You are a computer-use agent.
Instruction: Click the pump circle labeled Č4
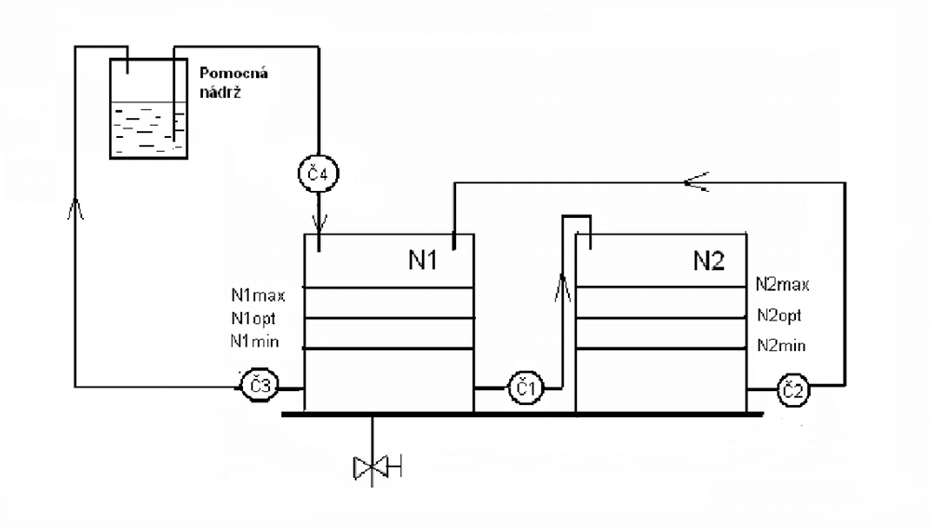click(318, 173)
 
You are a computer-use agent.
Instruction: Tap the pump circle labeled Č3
click(259, 386)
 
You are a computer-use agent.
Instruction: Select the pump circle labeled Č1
click(525, 388)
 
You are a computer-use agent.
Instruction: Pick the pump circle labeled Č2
click(792, 390)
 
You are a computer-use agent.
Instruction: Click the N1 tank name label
click(423, 260)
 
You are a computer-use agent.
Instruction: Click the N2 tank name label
click(708, 261)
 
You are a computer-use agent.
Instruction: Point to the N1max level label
click(258, 295)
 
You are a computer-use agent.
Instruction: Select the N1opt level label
click(253, 318)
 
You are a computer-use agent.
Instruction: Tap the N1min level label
click(255, 342)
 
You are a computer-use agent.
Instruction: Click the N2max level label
click(783, 285)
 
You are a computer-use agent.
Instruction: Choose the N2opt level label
click(779, 316)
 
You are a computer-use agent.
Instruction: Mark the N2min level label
click(781, 345)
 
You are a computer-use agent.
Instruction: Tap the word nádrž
click(220, 92)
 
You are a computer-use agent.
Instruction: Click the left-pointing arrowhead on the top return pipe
click(695, 182)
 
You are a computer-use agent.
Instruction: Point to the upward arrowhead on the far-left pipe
click(75, 209)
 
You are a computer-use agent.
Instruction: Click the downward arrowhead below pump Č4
click(319, 223)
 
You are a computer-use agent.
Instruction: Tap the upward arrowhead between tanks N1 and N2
click(562, 287)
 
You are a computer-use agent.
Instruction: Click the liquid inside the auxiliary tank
click(148, 129)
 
